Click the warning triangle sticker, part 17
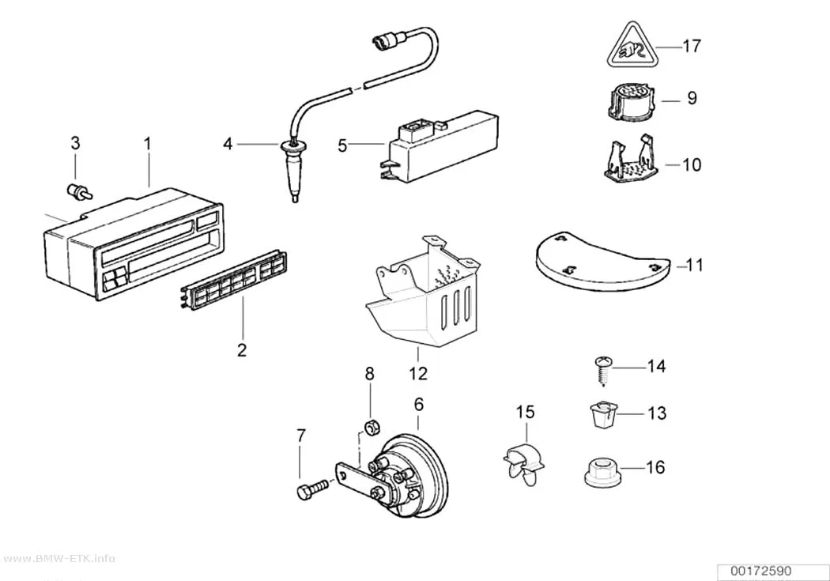pyautogui.click(x=631, y=49)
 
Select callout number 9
pyautogui.click(x=692, y=99)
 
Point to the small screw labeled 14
pyautogui.click(x=604, y=370)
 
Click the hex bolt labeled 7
pyautogui.click(x=313, y=489)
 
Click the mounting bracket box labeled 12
pyautogui.click(x=424, y=290)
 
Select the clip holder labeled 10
pyautogui.click(x=631, y=158)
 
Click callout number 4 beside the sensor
pyautogui.click(x=228, y=143)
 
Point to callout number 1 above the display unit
pyautogui.click(x=148, y=143)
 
